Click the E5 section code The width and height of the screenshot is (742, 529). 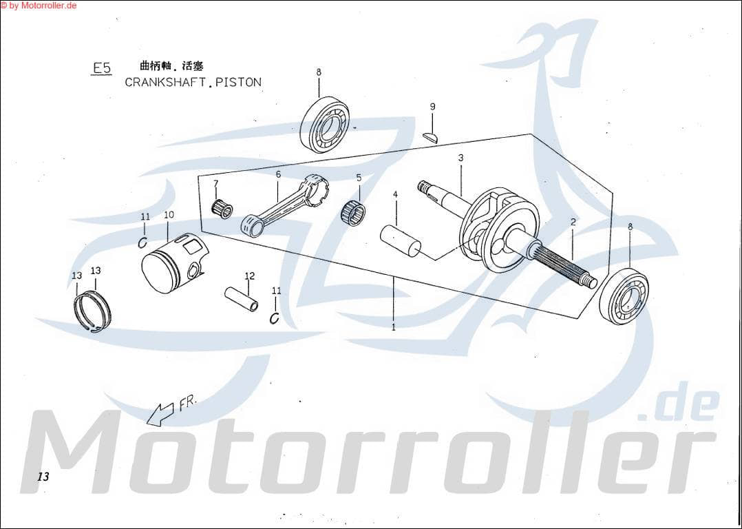[102, 68]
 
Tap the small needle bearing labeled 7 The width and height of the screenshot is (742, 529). [222, 208]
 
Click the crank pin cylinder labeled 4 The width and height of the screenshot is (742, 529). [401, 240]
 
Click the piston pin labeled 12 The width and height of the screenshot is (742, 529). [242, 298]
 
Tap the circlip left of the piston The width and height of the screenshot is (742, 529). [143, 242]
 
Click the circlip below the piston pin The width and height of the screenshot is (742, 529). [275, 318]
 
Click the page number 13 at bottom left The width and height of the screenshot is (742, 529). [43, 477]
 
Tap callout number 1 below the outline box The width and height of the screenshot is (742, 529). [394, 327]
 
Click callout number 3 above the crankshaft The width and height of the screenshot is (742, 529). [460, 158]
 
